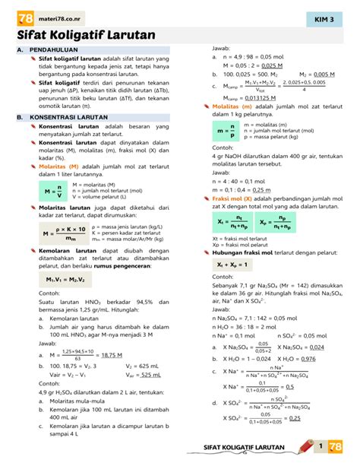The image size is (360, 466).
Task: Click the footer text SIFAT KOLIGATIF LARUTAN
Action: tap(248, 449)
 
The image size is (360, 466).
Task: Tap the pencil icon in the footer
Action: tap(306, 446)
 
